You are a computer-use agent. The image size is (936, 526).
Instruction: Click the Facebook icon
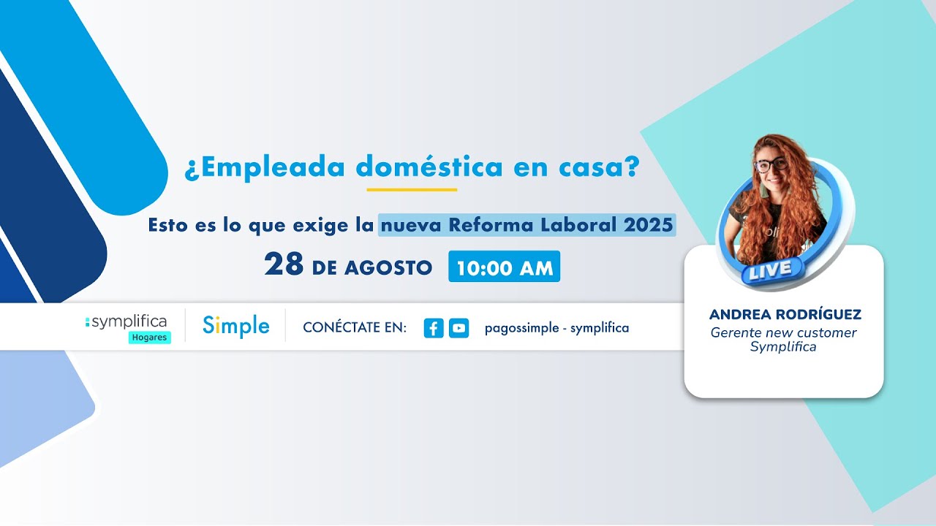tap(434, 328)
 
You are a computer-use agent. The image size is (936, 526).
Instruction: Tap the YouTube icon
tap(458, 328)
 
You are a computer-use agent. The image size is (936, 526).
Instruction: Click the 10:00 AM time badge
tap(504, 267)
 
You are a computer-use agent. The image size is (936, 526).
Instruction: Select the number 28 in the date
tap(284, 265)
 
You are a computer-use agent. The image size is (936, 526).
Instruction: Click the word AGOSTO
tap(388, 268)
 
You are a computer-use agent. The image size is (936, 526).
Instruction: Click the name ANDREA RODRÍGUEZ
tap(785, 315)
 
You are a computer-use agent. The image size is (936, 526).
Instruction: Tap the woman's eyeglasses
tap(771, 164)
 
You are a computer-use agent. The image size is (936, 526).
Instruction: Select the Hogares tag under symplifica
tap(150, 338)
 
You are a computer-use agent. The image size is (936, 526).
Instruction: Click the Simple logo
tap(235, 327)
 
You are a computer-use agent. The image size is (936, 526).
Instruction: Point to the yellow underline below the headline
tap(412, 190)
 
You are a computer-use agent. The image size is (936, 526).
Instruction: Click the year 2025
tap(648, 225)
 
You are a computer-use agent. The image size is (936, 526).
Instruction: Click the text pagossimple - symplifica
tap(556, 328)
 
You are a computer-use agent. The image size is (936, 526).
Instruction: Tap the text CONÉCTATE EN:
tap(355, 328)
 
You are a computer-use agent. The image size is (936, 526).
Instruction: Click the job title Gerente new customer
tap(783, 333)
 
